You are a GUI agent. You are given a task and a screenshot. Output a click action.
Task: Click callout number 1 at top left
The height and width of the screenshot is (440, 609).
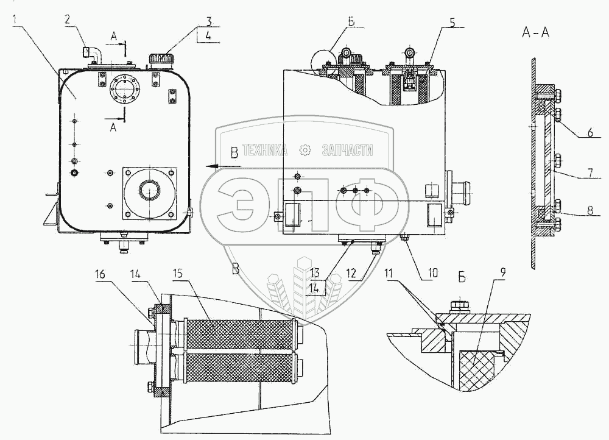click(15, 20)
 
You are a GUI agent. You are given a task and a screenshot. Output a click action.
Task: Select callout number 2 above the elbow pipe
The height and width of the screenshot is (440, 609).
click(67, 20)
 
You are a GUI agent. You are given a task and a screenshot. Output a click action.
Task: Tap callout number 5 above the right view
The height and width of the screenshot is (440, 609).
click(452, 22)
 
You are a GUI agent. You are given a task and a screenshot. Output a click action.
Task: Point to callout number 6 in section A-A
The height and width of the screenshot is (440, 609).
click(590, 132)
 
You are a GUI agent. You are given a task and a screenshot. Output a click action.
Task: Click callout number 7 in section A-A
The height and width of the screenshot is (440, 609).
click(591, 172)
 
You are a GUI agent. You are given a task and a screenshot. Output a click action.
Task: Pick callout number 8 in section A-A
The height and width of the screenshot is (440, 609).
click(590, 210)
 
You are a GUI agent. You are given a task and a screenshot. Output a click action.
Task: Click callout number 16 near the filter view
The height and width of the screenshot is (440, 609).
click(100, 274)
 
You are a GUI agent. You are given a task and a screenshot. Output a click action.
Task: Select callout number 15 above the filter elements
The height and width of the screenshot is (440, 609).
click(179, 274)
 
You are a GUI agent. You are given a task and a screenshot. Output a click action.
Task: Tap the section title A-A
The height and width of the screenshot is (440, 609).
click(535, 33)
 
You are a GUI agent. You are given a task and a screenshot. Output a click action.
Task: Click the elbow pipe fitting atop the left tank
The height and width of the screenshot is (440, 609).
click(92, 55)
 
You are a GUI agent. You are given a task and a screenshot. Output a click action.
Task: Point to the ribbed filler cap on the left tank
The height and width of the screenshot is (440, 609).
click(160, 60)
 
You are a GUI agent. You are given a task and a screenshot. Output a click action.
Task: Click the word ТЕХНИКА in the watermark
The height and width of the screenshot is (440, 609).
click(265, 150)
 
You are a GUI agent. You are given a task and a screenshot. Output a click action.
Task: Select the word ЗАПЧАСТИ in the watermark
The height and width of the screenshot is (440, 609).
click(347, 150)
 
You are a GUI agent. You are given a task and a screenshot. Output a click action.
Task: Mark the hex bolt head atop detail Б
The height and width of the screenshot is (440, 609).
click(460, 307)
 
